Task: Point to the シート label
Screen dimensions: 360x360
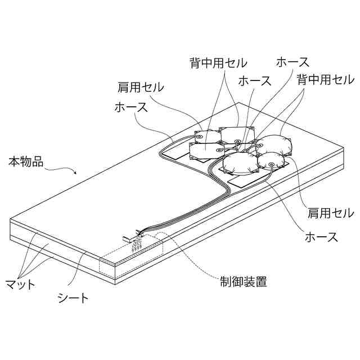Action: (x=74, y=299)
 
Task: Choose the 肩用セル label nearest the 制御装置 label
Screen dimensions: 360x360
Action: (x=330, y=213)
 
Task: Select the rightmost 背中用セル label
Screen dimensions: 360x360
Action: (x=326, y=79)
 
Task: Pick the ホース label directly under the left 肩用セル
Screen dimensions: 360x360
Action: (x=131, y=106)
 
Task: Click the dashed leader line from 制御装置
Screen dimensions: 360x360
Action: (x=197, y=264)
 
